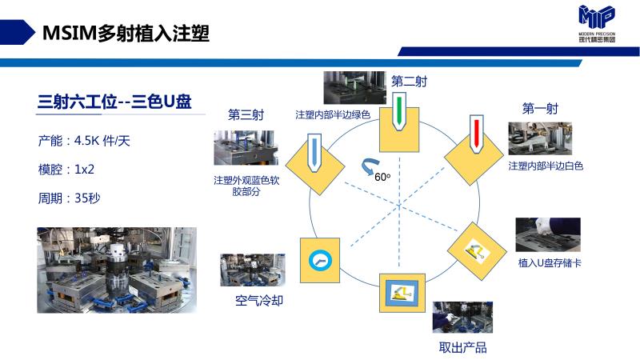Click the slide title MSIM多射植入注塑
tap(126, 33)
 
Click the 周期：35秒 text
tap(69, 197)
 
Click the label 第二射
tap(408, 81)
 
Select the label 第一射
tap(539, 108)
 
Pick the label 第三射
tap(246, 114)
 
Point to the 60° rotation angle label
tap(382, 177)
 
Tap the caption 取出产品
tap(462, 347)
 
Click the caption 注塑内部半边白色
tap(546, 166)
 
